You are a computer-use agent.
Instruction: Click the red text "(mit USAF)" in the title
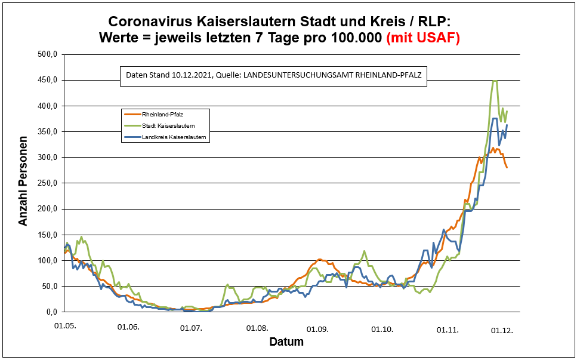point(423,38)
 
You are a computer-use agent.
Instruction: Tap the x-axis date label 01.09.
point(317,329)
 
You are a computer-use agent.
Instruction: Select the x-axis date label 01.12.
point(502,330)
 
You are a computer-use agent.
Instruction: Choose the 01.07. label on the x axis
point(192,328)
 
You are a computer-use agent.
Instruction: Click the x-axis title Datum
point(286,342)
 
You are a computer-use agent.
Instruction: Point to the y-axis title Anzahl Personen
point(23,183)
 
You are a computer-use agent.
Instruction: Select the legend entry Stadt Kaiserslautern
point(168,125)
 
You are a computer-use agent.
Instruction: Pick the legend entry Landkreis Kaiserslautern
point(174,137)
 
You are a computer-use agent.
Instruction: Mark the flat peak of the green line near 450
point(494,81)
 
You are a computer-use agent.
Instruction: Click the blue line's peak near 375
point(495,118)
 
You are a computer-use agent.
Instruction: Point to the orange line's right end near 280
point(507,167)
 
